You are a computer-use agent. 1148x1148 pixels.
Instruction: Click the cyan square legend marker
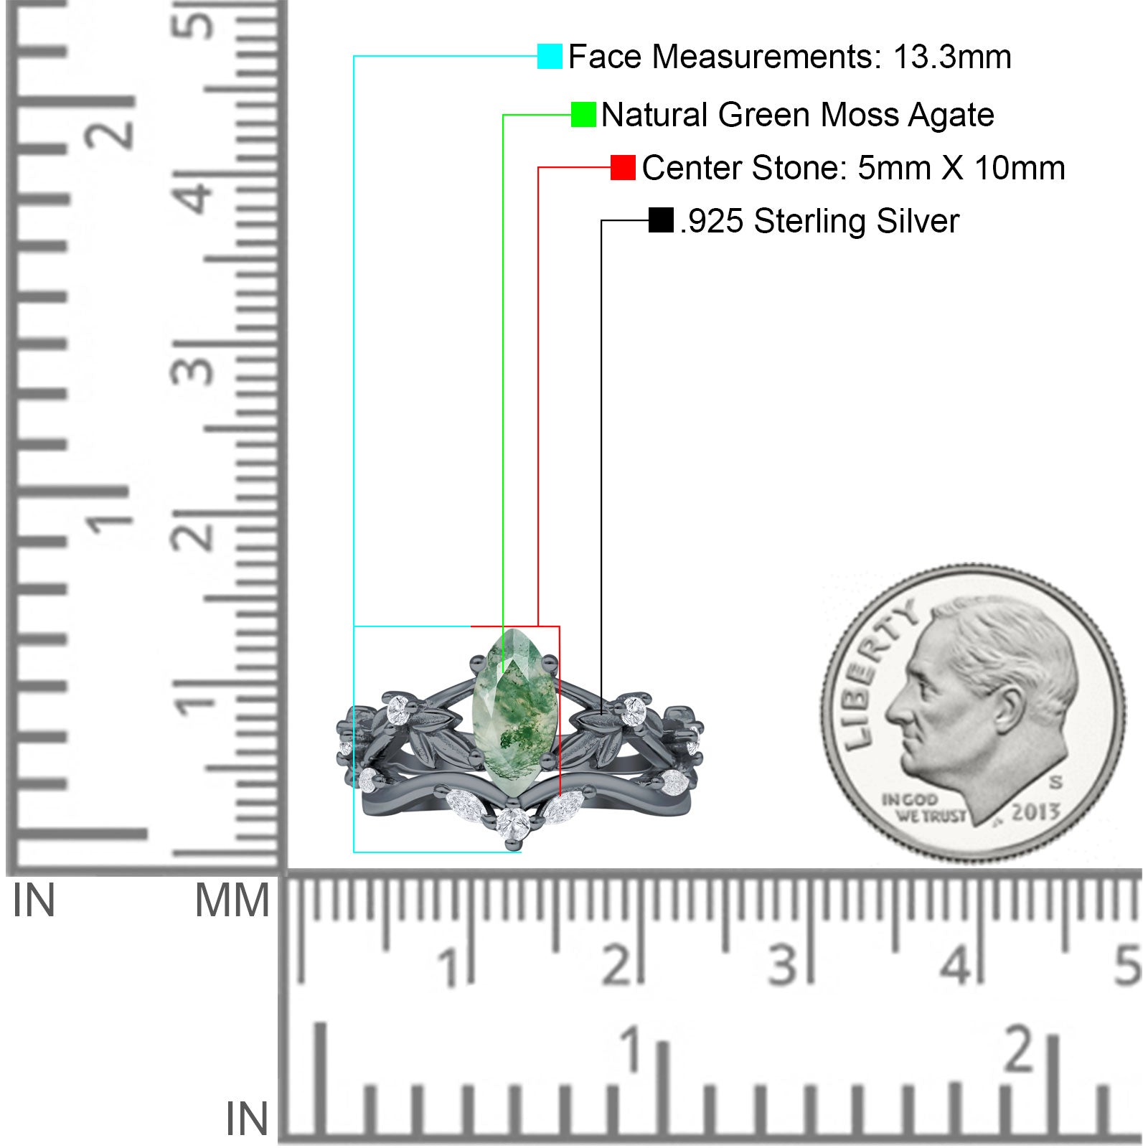pos(550,56)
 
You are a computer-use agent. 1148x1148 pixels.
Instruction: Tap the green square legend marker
pos(583,115)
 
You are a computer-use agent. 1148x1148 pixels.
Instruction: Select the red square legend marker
pos(623,168)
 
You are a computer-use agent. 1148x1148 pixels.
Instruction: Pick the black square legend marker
pos(661,220)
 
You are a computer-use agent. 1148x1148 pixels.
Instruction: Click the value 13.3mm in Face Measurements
pos(952,57)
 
